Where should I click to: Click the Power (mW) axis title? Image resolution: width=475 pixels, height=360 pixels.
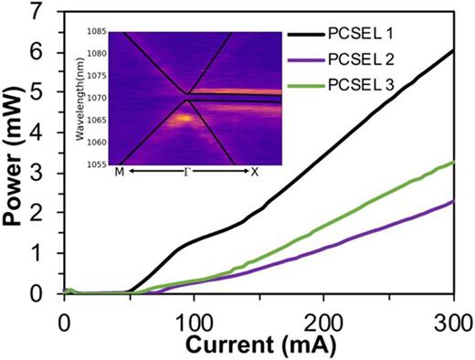(x=16, y=153)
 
